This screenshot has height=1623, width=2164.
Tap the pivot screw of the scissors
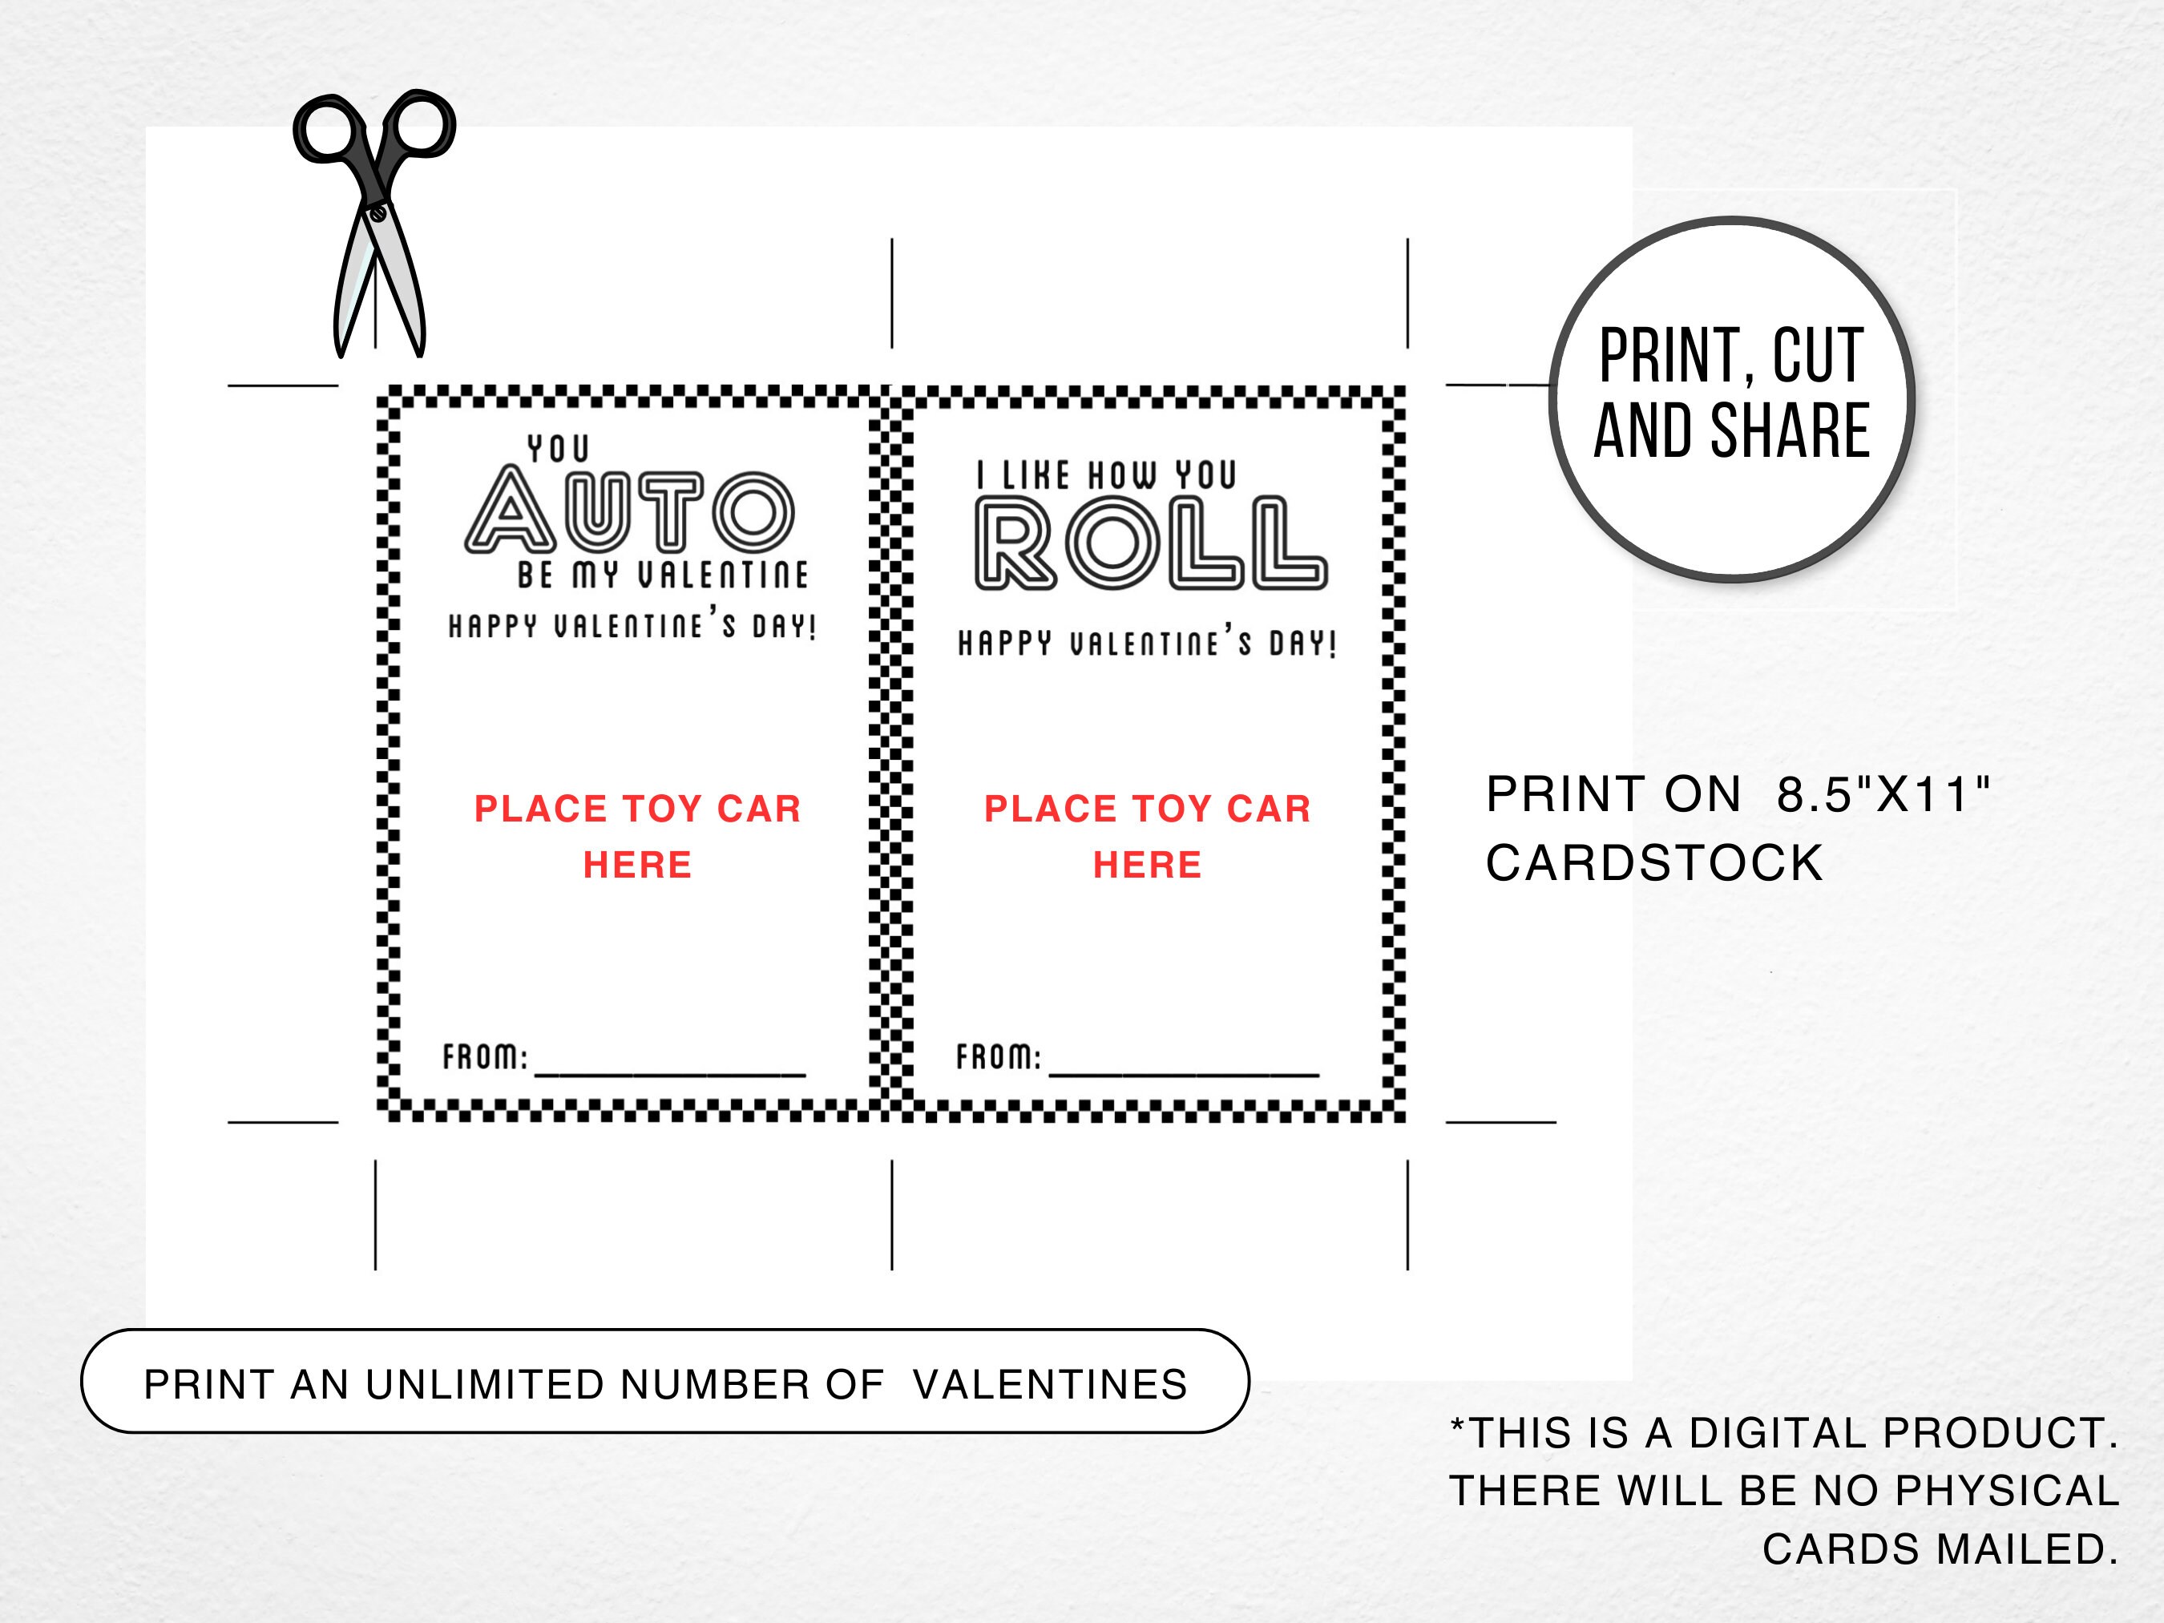[377, 210]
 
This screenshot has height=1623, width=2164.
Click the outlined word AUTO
[629, 511]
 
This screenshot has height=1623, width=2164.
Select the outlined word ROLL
[1150, 544]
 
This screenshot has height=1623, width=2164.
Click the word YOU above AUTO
[559, 449]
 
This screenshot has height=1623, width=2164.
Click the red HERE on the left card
[638, 865]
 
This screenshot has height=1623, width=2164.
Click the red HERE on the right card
[1148, 865]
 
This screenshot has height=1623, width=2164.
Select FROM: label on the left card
[485, 1057]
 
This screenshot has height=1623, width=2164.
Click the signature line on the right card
[1184, 1074]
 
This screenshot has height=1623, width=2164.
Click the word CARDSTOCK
[1654, 864]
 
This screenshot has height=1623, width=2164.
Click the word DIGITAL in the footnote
[1770, 1433]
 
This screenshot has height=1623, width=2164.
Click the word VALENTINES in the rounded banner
[1050, 1384]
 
